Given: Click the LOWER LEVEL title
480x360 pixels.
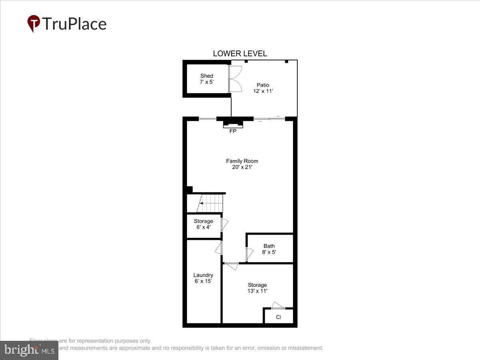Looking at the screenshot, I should pyautogui.click(x=240, y=54).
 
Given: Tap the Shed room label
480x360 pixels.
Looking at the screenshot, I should pyautogui.click(x=207, y=79).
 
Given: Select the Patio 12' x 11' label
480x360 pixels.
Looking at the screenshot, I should pyautogui.click(x=263, y=88).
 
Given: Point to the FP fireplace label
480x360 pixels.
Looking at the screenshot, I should pyautogui.click(x=233, y=131).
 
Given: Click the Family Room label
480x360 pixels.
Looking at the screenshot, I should pyautogui.click(x=242, y=164).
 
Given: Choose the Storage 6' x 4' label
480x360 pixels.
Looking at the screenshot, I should pyautogui.click(x=203, y=224).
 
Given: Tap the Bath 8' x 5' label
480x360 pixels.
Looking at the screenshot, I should pyautogui.click(x=269, y=249).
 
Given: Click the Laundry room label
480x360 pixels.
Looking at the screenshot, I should pyautogui.click(x=203, y=278).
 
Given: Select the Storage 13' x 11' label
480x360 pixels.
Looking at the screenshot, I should pyautogui.click(x=257, y=288).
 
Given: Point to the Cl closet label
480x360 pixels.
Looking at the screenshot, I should pyautogui.click(x=278, y=317).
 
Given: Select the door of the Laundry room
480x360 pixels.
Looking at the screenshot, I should pyautogui.click(x=219, y=248).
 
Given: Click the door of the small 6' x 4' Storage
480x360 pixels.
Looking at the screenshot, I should pyautogui.click(x=224, y=224).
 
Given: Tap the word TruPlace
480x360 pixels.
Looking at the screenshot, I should pyautogui.click(x=74, y=24).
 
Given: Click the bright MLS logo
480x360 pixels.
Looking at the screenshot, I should pyautogui.click(x=29, y=350).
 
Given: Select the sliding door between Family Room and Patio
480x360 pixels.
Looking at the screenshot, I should pyautogui.click(x=269, y=118).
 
